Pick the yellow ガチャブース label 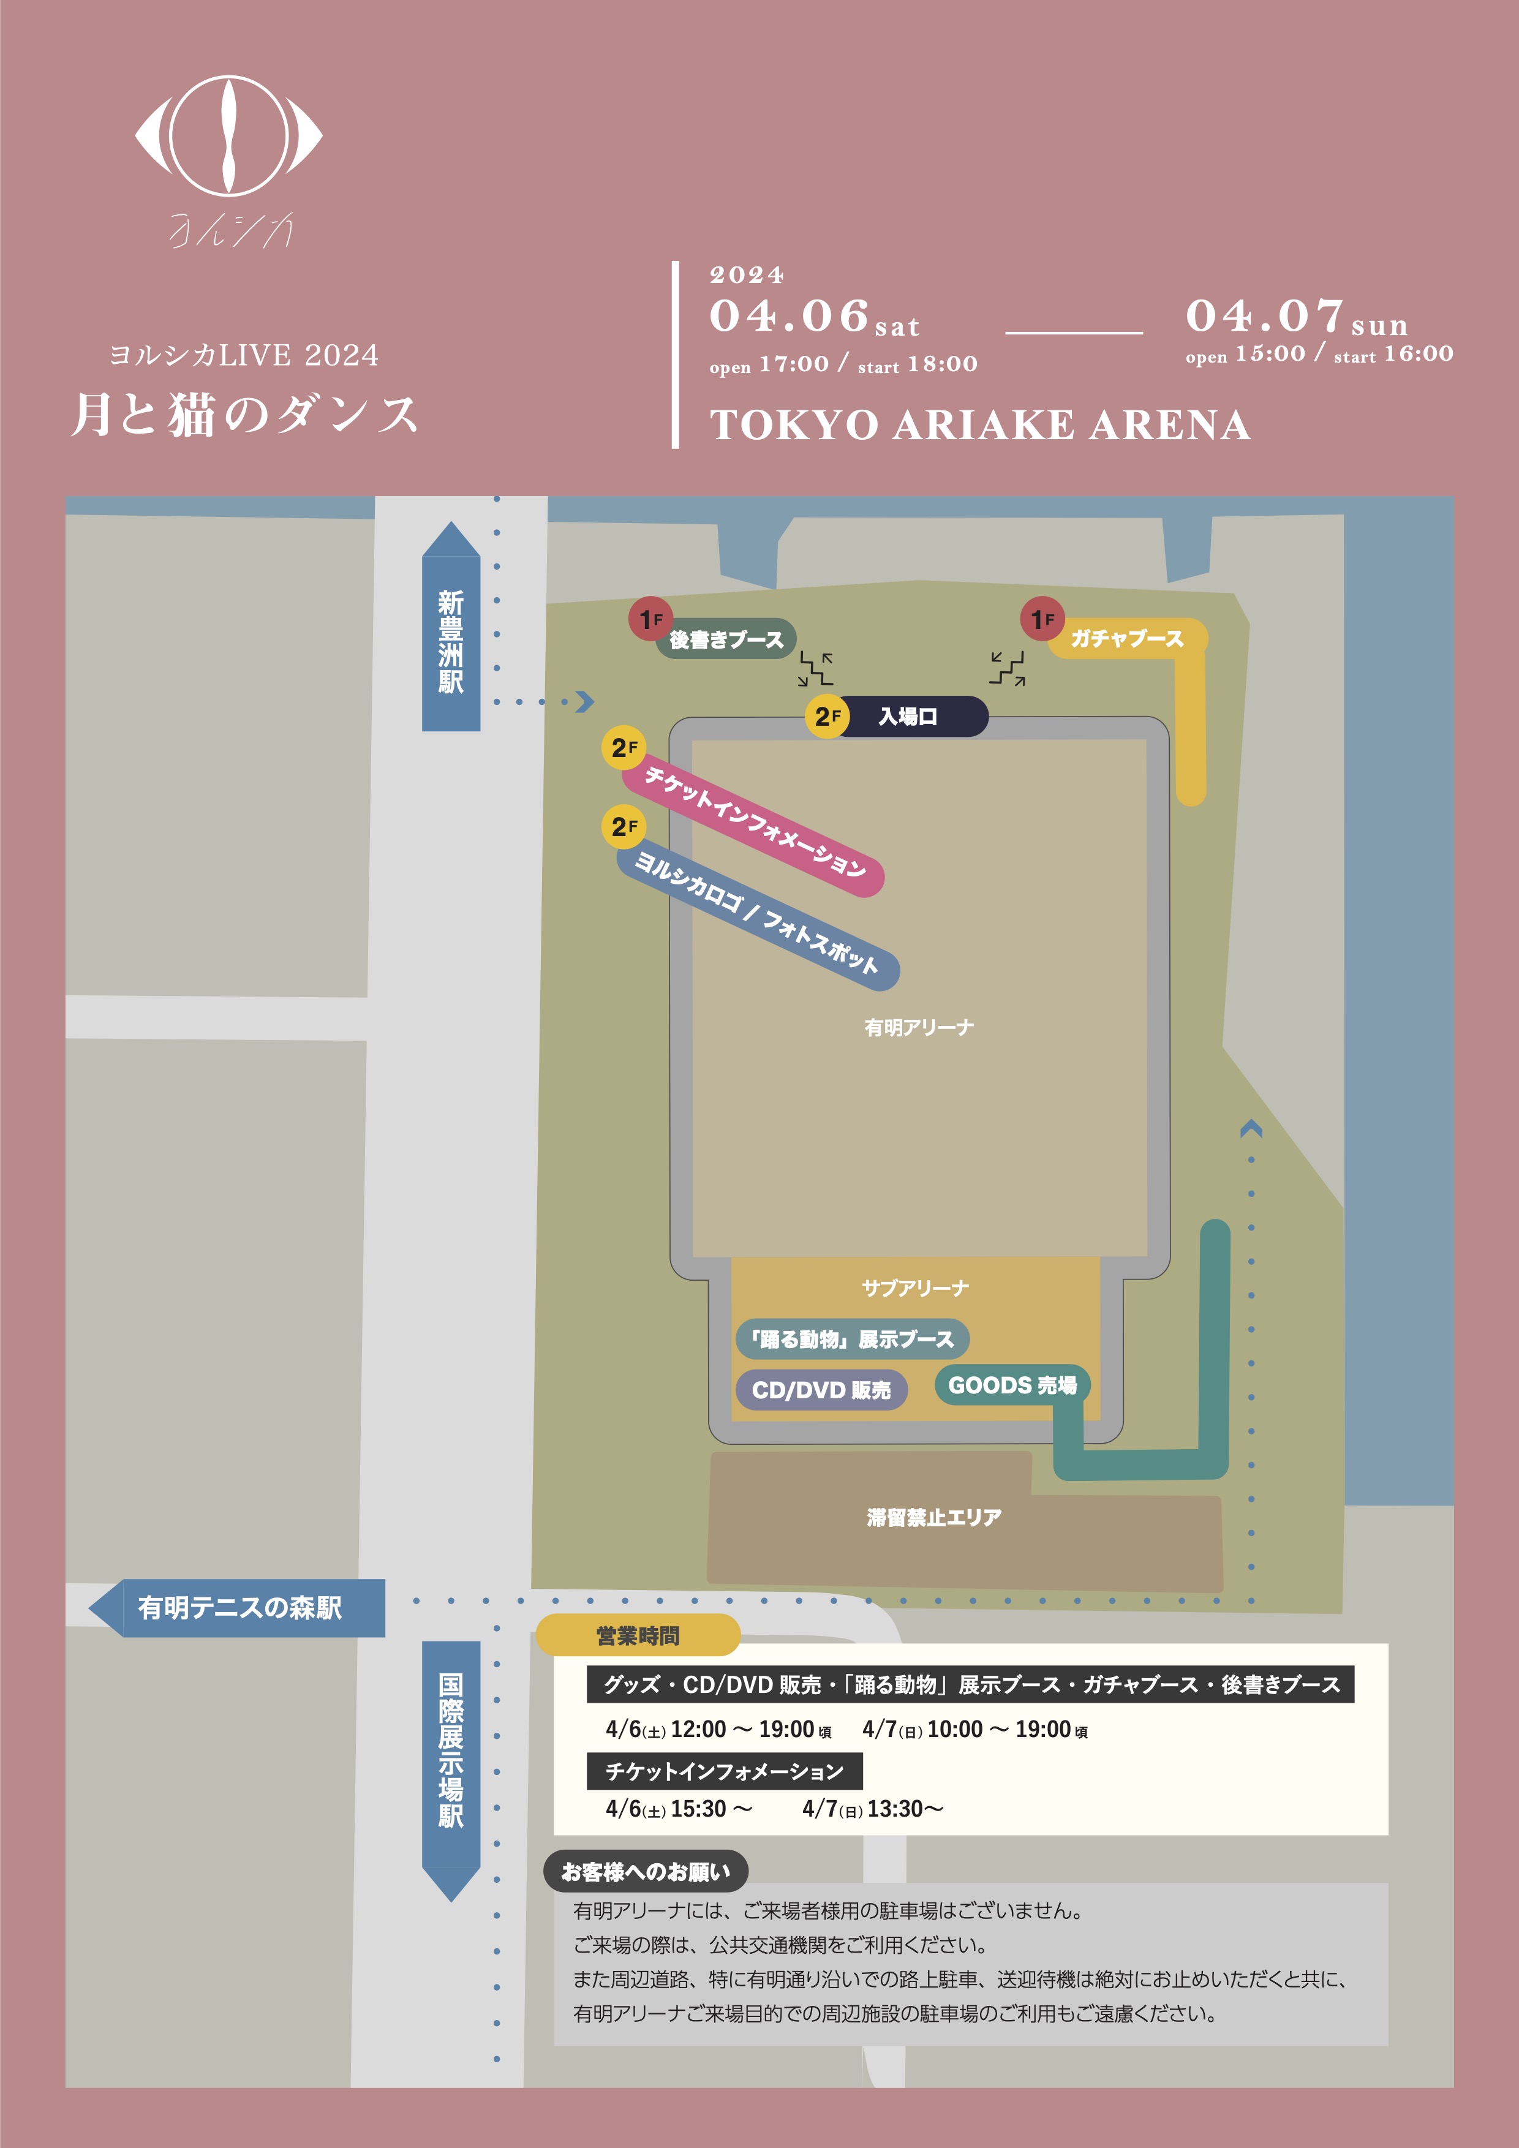click(1127, 639)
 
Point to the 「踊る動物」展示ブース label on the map click(851, 1340)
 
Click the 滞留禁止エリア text click(933, 1518)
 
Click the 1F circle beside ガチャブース click(1042, 619)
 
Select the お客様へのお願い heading click(646, 1872)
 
